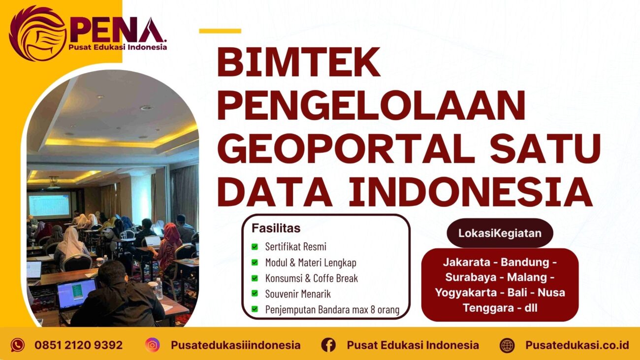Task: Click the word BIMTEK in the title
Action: point(299,63)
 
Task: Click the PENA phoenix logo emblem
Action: point(37,33)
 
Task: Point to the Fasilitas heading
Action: point(276,229)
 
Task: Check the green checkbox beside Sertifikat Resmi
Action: point(255,247)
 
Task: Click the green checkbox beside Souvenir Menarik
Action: point(255,294)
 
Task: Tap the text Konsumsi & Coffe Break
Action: point(311,278)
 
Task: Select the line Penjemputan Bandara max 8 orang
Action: point(332,310)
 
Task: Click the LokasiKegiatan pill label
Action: point(500,233)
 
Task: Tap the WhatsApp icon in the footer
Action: point(18,345)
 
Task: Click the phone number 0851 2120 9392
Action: point(78,345)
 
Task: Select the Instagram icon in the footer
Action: point(153,345)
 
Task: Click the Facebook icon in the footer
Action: point(328,345)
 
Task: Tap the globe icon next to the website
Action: point(507,345)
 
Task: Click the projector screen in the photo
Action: point(49,205)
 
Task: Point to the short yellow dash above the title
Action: point(220,31)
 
